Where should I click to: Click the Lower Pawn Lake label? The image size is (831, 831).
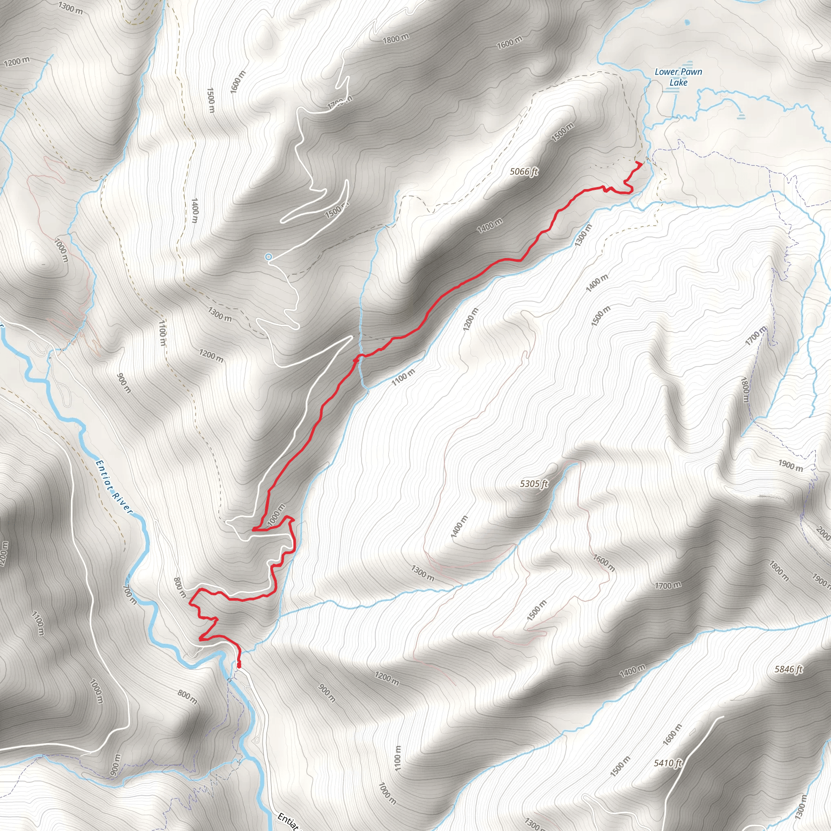point(678,77)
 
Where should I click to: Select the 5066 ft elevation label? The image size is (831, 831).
point(524,172)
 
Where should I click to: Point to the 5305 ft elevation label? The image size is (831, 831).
point(534,484)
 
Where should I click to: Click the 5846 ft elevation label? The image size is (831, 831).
point(788,669)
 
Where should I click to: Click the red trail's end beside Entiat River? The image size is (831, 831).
point(239,667)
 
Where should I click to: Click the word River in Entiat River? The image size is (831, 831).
point(122,502)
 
